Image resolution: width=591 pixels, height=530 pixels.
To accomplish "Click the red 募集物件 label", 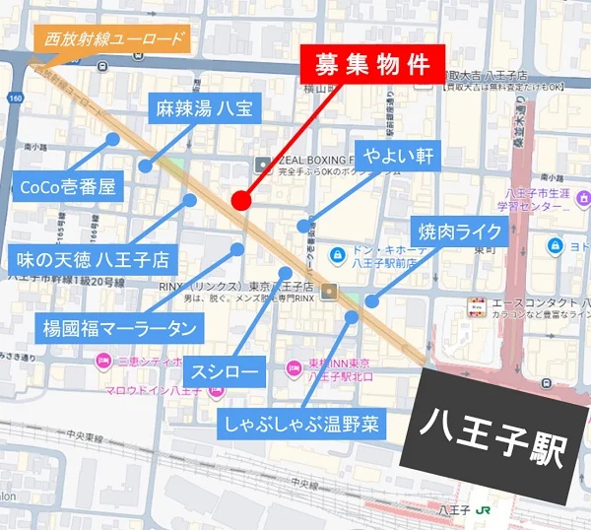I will (x=373, y=64).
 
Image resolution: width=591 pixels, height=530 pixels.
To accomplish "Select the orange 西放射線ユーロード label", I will (x=108, y=41).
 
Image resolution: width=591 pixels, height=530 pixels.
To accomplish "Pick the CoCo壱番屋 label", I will (x=68, y=185).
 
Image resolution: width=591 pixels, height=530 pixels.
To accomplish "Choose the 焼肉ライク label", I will (x=461, y=233).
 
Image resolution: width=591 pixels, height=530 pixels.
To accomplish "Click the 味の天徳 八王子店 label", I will (x=93, y=261).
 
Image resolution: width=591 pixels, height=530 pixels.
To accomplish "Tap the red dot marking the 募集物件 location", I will (x=240, y=201).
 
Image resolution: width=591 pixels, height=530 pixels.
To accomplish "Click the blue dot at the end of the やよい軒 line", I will (x=303, y=226).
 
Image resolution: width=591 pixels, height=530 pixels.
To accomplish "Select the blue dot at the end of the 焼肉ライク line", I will (x=371, y=301).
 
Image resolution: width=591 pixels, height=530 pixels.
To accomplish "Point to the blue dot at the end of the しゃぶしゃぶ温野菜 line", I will (x=352, y=316).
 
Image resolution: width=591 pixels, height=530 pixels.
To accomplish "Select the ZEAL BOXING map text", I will (x=315, y=158).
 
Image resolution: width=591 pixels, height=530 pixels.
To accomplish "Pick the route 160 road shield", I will (x=16, y=99).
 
